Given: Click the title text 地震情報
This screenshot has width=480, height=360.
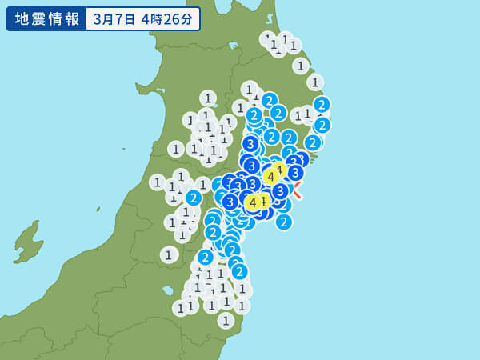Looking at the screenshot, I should pos(45,18).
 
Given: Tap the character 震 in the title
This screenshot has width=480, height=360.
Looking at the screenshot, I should pos(36,18).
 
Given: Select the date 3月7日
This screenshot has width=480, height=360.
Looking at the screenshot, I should pos(114,18).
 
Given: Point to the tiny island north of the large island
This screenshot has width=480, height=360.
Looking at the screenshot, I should pos(98,210).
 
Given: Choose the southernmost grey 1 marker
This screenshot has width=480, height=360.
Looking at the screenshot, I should pos(226,320).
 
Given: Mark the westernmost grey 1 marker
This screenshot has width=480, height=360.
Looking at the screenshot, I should pos(158,182).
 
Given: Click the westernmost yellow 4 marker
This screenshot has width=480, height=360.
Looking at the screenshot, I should pos(253,203).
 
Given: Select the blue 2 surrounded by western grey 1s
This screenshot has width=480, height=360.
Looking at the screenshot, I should pos(193,198).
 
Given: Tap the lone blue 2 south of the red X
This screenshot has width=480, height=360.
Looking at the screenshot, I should pos(284,222).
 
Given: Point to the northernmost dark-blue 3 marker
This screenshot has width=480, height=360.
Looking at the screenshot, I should pos(250,144).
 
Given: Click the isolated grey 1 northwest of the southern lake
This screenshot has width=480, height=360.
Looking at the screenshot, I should pos(168,254).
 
